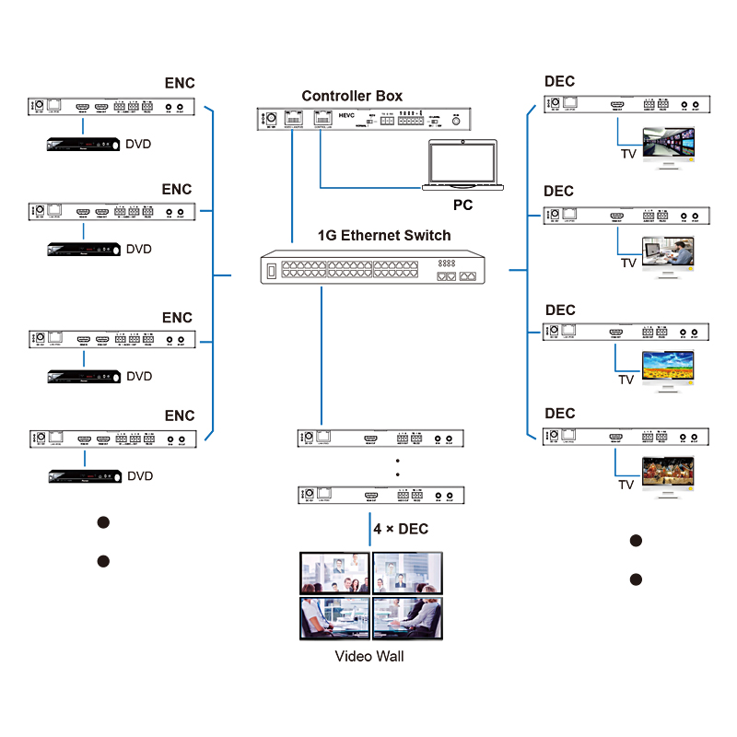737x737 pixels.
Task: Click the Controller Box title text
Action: click(x=352, y=96)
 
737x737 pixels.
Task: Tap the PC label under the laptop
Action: click(x=462, y=205)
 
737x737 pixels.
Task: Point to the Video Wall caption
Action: click(x=368, y=656)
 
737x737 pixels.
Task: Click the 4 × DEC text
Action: click(x=401, y=529)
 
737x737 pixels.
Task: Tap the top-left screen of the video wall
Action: click(x=334, y=572)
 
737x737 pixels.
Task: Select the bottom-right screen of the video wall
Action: click(x=406, y=617)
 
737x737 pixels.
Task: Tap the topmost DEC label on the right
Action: click(x=559, y=82)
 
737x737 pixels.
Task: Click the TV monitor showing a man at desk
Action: click(x=667, y=254)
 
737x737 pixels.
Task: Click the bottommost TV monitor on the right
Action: click(x=667, y=474)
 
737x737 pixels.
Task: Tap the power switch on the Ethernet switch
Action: click(x=270, y=270)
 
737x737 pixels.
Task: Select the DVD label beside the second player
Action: click(x=139, y=249)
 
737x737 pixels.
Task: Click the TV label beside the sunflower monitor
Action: click(x=626, y=380)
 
